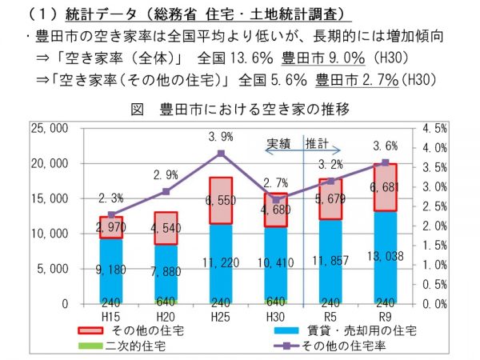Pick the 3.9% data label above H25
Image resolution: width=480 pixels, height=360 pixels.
point(220,137)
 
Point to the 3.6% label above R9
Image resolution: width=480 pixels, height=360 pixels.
point(386,146)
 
